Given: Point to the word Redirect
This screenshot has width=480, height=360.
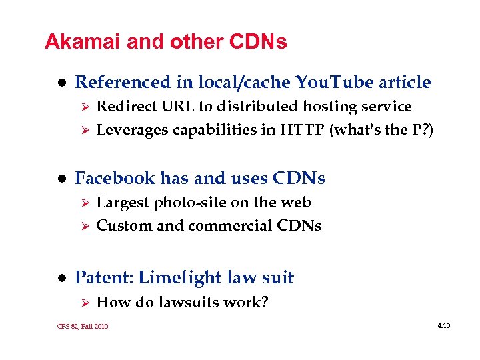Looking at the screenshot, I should click(x=125, y=107).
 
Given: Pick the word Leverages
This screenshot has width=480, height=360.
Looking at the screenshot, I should click(x=133, y=130).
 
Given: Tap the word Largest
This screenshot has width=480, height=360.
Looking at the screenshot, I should click(x=123, y=202).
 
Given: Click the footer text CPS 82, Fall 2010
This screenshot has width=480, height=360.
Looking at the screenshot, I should click(x=83, y=327).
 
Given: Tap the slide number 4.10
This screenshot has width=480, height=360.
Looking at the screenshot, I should click(x=444, y=326).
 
